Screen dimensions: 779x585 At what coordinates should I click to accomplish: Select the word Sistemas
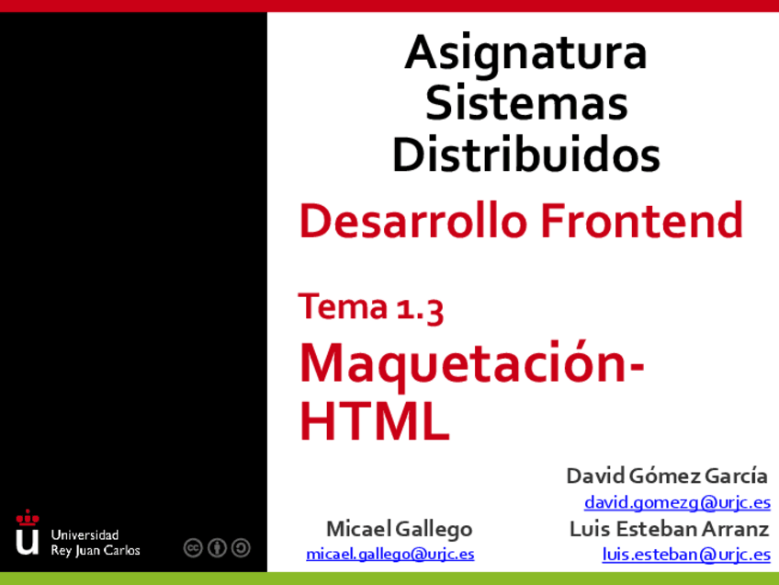(x=526, y=102)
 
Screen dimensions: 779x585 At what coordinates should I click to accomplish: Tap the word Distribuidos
(x=526, y=154)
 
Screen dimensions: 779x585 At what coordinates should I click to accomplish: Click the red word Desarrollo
(x=412, y=220)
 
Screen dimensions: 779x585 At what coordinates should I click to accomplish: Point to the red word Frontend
(x=641, y=220)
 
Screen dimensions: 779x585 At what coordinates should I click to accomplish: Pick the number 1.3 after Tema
(x=420, y=308)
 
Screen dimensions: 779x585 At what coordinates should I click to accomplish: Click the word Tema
(x=343, y=305)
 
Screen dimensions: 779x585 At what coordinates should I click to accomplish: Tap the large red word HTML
(x=375, y=421)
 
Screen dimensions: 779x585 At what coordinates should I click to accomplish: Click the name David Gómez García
(x=667, y=476)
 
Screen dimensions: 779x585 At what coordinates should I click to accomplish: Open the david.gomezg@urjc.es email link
(x=677, y=503)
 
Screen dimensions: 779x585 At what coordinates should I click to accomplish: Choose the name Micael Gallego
(x=399, y=529)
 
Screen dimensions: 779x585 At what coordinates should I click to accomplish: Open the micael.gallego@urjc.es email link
(x=390, y=554)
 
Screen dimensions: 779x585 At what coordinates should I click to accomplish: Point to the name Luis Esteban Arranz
(x=669, y=529)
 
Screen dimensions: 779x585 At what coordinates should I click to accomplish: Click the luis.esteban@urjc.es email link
(x=686, y=554)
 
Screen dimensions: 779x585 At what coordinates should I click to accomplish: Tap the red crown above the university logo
(x=28, y=517)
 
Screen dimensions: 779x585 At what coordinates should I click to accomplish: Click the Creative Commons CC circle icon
(x=193, y=547)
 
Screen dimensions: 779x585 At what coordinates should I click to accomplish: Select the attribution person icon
(x=217, y=547)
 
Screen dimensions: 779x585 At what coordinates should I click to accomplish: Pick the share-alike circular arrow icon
(x=241, y=547)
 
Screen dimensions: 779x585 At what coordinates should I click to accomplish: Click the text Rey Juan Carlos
(x=96, y=551)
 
